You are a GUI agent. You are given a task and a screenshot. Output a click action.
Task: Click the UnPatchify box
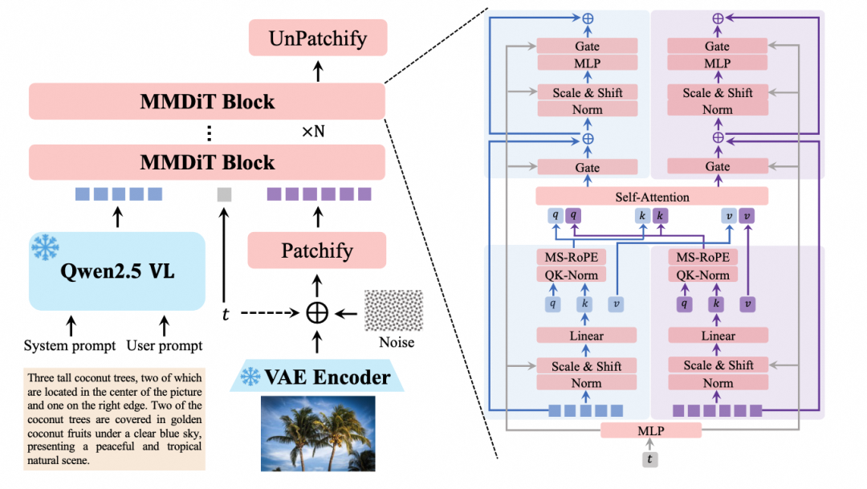[x=318, y=39]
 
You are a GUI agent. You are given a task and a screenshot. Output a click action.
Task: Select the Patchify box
[x=318, y=251]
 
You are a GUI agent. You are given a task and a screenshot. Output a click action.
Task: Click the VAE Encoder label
[x=328, y=377]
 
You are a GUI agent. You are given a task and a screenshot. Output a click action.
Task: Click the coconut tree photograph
[x=317, y=433]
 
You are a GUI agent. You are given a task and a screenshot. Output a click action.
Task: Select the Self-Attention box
[x=652, y=196]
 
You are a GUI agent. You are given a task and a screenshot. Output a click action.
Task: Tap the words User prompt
[x=165, y=346]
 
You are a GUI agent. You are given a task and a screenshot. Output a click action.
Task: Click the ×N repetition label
[x=313, y=132]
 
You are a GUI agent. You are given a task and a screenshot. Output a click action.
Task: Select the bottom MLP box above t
[x=651, y=430]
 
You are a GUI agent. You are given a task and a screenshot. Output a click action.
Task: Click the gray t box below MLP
[x=651, y=459]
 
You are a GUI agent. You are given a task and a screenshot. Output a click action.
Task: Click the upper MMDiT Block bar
[x=207, y=102]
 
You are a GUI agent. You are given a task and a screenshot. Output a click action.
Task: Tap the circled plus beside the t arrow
[x=318, y=312]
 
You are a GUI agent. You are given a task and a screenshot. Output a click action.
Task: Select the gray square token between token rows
[x=225, y=194]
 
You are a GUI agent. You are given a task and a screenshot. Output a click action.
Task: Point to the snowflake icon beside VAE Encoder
[x=251, y=376]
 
